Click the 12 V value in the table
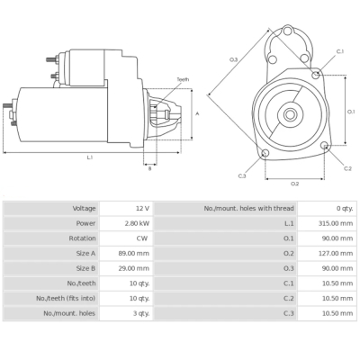[142, 208]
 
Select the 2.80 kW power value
[138, 223]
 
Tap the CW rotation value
[142, 238]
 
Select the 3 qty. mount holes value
[139, 313]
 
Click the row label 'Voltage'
[85, 208]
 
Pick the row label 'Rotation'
[82, 238]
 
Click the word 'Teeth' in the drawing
[183, 80]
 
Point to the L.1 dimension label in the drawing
[90, 157]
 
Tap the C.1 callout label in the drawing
[340, 51]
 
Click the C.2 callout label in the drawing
[347, 168]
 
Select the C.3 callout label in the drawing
[242, 175]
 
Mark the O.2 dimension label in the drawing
[293, 183]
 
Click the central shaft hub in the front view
[292, 114]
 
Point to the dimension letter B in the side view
[150, 167]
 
